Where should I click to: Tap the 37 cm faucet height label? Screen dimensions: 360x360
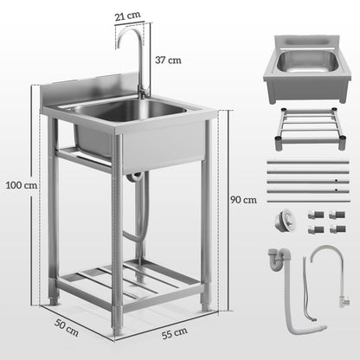click(x=167, y=60)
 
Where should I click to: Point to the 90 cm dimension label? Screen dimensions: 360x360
click(x=244, y=199)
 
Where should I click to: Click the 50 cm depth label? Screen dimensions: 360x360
click(x=67, y=328)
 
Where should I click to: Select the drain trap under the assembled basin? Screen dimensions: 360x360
click(x=133, y=177)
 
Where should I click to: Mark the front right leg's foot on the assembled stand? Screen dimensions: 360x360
click(x=205, y=305)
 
